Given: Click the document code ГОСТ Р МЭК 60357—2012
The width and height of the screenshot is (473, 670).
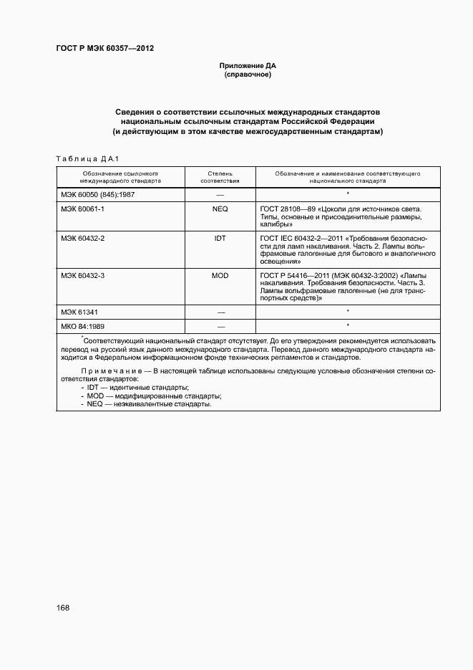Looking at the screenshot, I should (105, 49).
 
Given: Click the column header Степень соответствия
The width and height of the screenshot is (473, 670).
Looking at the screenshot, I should (220, 177).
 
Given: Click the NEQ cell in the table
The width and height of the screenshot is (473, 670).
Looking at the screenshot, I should (220, 208).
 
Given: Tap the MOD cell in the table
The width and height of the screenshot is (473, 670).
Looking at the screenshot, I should (220, 274).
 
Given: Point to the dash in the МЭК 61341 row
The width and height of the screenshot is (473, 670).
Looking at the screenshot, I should (220, 312).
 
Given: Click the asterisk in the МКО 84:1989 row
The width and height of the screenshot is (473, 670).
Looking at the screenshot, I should (347, 325).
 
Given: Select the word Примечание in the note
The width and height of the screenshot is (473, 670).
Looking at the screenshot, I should (106, 370).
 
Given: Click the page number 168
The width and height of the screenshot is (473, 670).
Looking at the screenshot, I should (63, 608).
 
